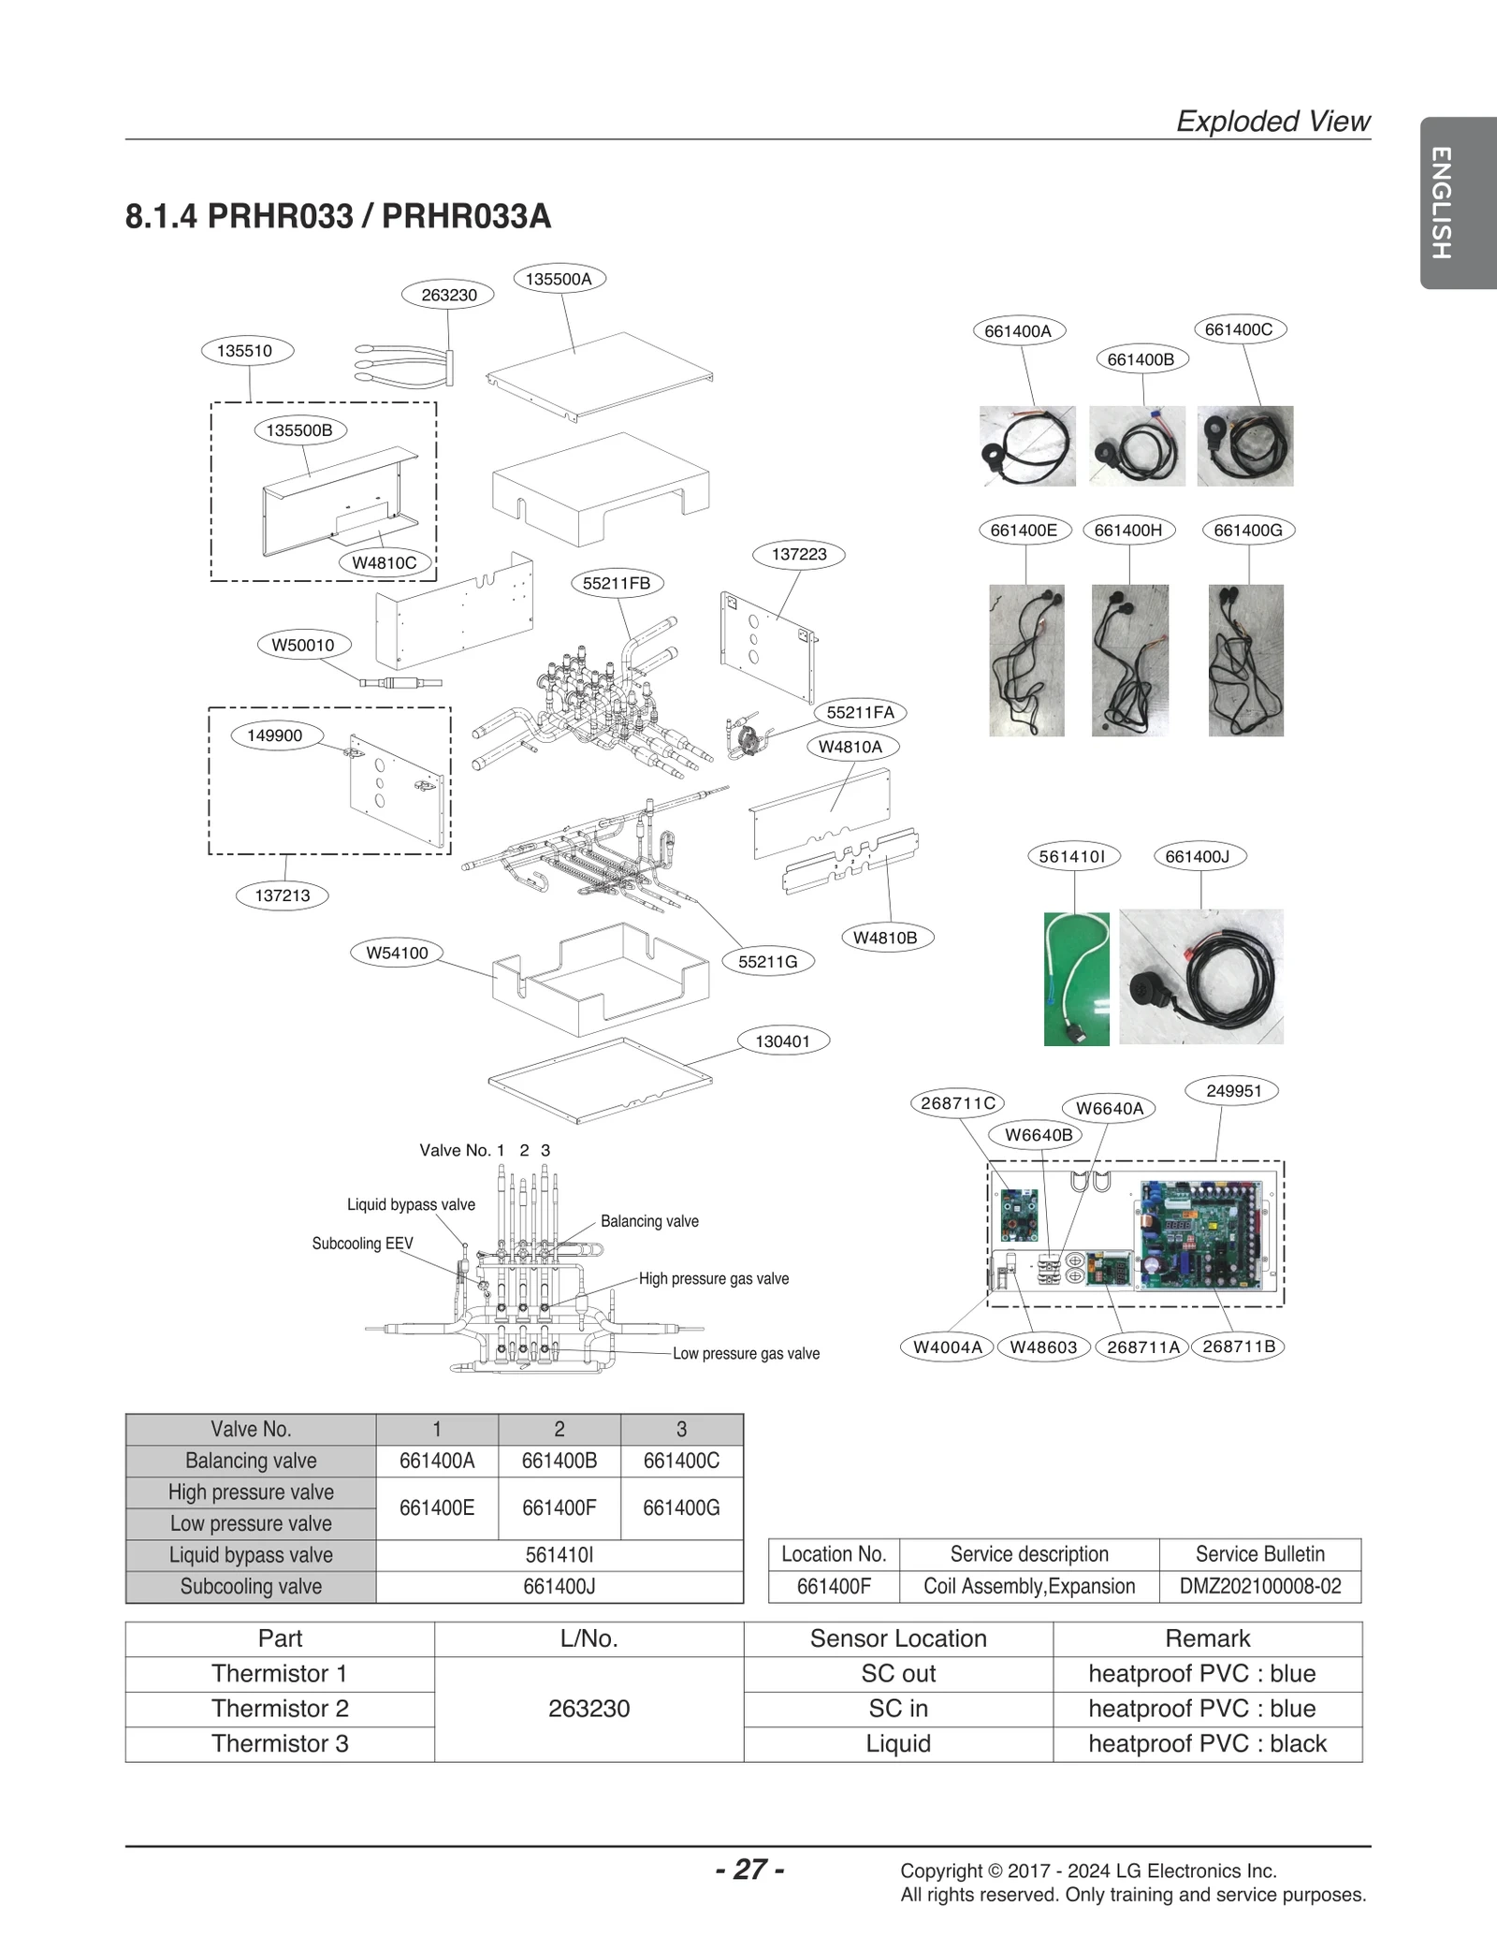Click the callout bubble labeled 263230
pos(448,295)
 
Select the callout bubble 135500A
pos(559,279)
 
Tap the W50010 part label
pos(303,645)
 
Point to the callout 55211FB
pos(616,583)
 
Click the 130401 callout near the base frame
pos(782,1041)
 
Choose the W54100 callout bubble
pos(397,953)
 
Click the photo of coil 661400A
pos(1027,445)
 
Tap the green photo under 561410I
pos(1076,979)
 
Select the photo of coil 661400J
pos(1200,976)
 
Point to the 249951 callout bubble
pos(1233,1091)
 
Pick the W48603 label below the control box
pos(1043,1346)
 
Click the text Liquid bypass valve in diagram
pos(411,1204)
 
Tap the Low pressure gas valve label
pos(746,1353)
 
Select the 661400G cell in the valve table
pos(681,1507)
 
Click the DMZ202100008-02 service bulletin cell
pos(1259,1586)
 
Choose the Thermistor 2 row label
pos(280,1709)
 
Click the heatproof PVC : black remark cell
pos(1207,1743)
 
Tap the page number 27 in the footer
pos(749,1869)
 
